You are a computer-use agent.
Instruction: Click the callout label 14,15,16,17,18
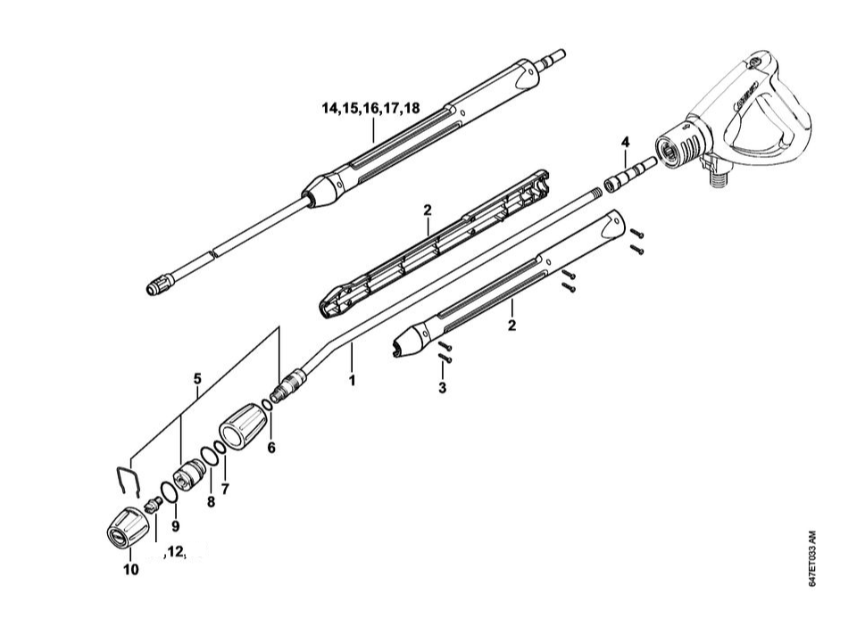[370, 109]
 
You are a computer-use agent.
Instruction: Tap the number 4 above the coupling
[625, 143]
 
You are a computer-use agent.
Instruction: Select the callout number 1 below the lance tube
[353, 380]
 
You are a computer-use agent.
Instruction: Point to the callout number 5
[197, 378]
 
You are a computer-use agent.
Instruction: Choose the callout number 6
[271, 447]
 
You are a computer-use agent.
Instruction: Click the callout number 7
[225, 489]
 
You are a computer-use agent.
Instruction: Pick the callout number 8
[211, 501]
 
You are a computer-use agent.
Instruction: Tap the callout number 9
[175, 524]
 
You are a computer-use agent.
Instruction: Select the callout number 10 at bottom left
[131, 570]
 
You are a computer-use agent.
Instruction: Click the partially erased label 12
[175, 552]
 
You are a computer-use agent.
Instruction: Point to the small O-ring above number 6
[267, 407]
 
